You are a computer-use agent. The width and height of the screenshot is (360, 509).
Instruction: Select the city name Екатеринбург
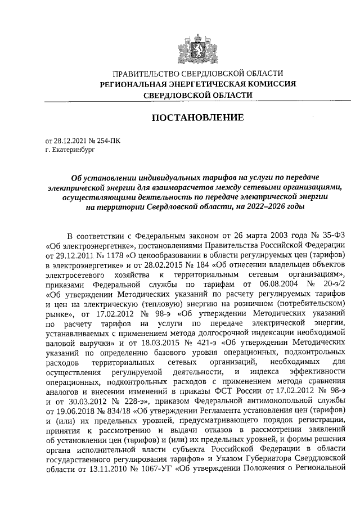(68, 150)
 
